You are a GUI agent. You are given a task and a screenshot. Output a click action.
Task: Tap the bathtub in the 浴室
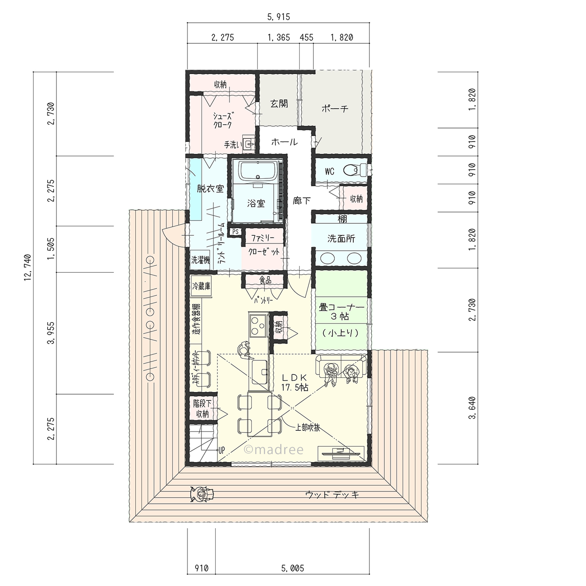258,171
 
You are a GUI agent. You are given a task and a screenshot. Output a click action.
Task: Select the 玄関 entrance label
279,104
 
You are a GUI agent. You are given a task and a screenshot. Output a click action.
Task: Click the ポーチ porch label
335,108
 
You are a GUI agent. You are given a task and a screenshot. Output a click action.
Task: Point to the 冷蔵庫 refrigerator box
201,286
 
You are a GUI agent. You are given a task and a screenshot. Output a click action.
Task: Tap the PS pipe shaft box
235,232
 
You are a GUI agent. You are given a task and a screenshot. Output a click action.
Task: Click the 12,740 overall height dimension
28,268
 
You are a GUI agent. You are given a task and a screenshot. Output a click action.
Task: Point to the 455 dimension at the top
306,37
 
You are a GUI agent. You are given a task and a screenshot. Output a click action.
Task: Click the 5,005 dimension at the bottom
292,568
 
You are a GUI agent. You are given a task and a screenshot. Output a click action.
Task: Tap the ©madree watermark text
274,450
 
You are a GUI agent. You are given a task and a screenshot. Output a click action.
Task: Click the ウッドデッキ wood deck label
332,495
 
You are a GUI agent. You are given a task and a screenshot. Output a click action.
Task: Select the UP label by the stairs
222,450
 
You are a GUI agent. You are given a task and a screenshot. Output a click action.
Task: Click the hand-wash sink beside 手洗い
249,144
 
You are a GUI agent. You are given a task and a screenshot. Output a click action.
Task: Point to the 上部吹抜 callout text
308,428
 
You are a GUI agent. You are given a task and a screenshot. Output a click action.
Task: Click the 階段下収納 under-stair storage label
202,409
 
